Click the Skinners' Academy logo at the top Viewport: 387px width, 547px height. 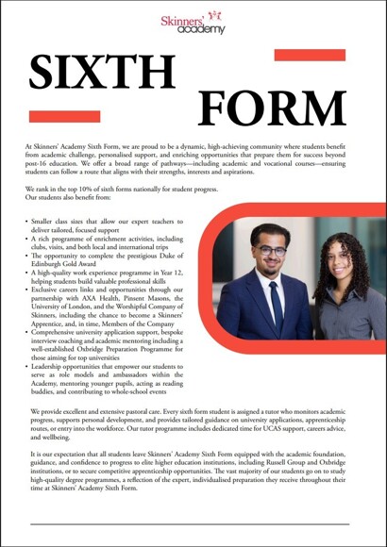point(193,24)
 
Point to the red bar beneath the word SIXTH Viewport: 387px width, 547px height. point(52,116)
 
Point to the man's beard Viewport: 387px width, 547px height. point(270,270)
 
